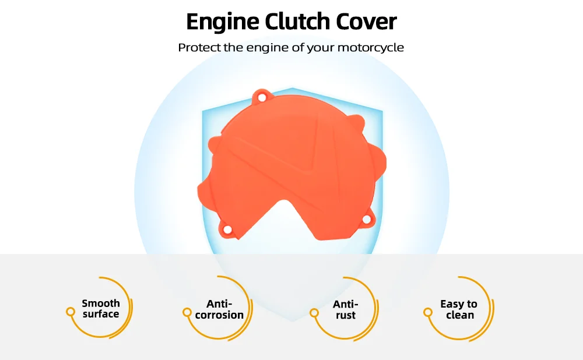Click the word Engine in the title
point(222,22)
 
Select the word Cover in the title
point(367,22)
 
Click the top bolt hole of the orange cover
point(262,96)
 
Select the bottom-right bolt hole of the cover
point(367,220)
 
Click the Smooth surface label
point(101,309)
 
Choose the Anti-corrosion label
point(219,309)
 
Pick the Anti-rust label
point(345,310)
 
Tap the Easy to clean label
point(459,309)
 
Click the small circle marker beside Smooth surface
point(71,312)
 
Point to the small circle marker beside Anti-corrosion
point(187,312)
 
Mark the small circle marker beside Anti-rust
point(315,312)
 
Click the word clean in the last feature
point(460,315)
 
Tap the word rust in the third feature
point(345,316)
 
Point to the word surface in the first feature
point(101,315)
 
